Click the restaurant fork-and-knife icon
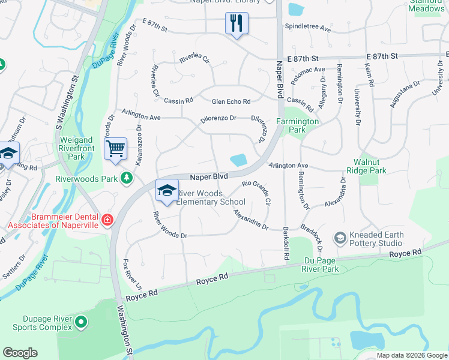click(x=237, y=24)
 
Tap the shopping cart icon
click(x=115, y=148)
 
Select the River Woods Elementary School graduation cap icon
click(x=167, y=190)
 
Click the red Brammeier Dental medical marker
click(x=107, y=220)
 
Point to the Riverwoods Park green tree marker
click(x=127, y=178)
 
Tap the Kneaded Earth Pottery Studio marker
click(x=340, y=239)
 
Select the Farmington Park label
click(x=298, y=125)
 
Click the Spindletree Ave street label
click(x=308, y=28)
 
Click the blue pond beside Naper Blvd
click(x=238, y=160)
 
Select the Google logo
click(x=20, y=353)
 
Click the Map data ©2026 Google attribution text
click(x=412, y=355)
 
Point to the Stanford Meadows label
click(x=427, y=5)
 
